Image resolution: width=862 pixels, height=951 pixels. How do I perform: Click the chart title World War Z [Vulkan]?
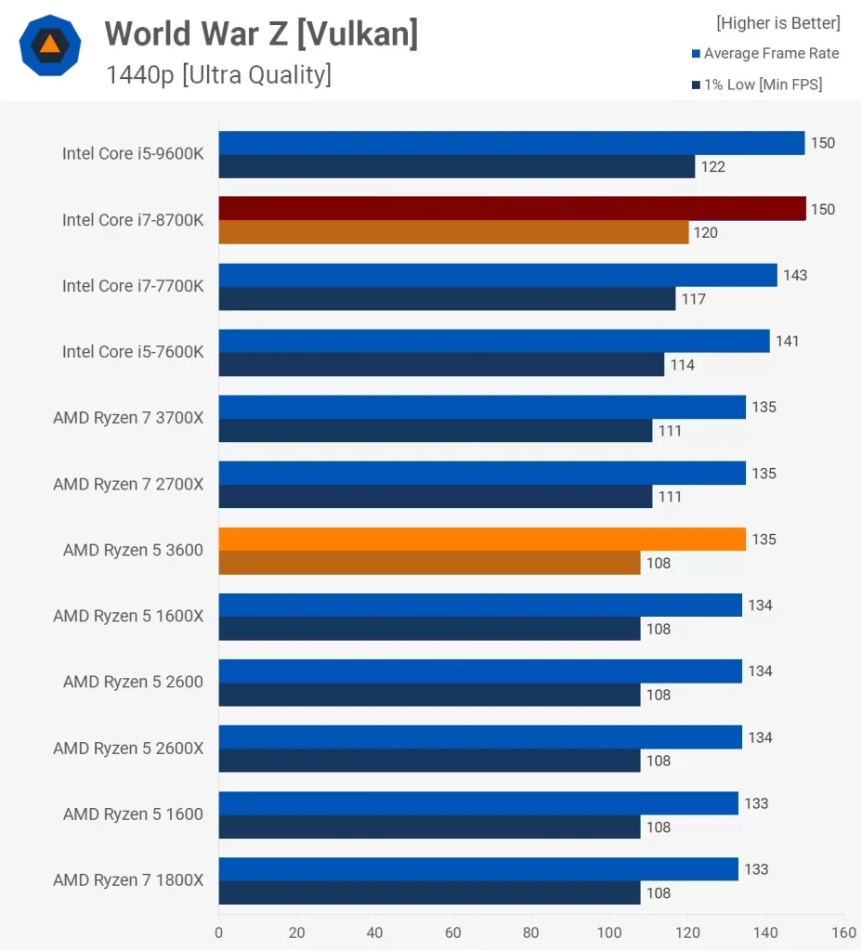tap(261, 34)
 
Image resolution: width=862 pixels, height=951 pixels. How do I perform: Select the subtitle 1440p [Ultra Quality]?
tap(218, 74)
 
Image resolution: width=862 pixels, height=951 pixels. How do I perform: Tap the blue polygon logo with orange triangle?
tap(49, 45)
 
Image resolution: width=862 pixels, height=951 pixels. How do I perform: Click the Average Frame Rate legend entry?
tap(770, 54)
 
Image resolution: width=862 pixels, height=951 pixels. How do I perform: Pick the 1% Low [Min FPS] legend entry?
tap(762, 85)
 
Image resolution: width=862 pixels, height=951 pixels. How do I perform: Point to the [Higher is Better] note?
tap(777, 22)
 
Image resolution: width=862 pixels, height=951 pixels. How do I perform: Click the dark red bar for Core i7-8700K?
tap(512, 208)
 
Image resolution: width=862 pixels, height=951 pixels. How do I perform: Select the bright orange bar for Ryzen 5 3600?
tap(482, 539)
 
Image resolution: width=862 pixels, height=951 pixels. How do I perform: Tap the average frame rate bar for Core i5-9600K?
tap(512, 142)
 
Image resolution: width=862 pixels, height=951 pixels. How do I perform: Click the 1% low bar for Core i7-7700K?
tap(447, 299)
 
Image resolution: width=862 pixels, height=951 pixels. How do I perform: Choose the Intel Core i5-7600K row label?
tap(133, 352)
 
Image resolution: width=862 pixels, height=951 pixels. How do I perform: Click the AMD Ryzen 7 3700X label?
tap(128, 418)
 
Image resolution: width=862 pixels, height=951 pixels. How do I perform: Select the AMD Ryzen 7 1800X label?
tap(128, 880)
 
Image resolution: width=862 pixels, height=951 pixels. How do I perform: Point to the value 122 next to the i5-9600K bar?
tap(713, 167)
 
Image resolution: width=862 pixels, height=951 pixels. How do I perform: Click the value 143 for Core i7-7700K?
tap(795, 276)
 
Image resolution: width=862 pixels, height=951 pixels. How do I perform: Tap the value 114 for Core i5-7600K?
tap(683, 365)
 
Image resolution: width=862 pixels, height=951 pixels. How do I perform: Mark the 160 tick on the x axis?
tap(843, 932)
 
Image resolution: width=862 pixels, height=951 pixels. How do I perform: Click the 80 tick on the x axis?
tap(531, 932)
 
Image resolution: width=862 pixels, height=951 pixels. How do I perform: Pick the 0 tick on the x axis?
tap(219, 932)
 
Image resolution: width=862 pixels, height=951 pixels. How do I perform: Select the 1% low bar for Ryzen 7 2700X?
tap(436, 497)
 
